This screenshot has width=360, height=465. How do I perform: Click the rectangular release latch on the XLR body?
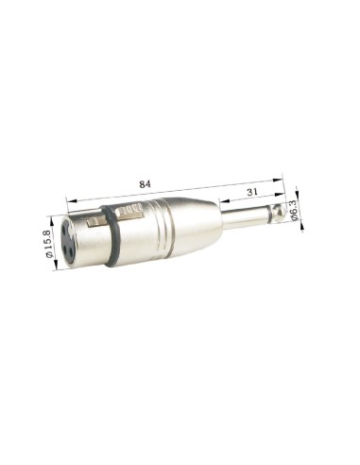(x=94, y=223)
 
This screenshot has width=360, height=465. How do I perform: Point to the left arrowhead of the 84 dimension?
(x=68, y=199)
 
